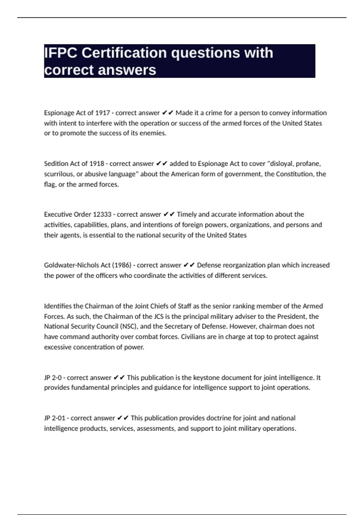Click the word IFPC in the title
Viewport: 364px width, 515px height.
point(61,53)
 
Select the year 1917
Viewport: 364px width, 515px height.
point(103,113)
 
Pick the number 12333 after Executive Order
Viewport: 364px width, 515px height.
point(102,214)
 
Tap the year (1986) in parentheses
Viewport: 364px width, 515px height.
point(122,265)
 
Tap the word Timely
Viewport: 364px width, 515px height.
point(187,214)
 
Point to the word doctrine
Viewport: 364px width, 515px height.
point(218,418)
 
